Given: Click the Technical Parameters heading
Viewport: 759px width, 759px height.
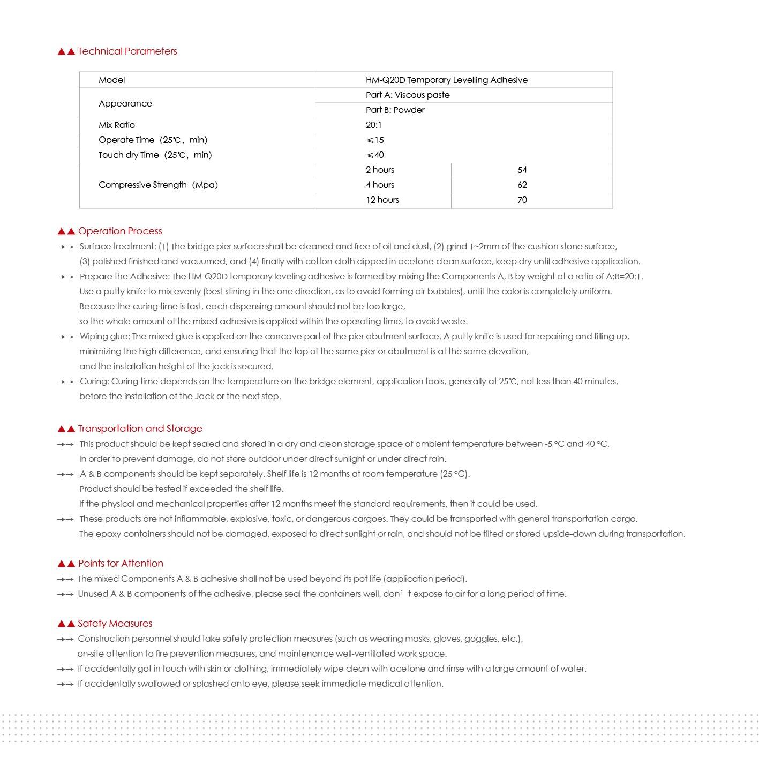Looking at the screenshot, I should (127, 51).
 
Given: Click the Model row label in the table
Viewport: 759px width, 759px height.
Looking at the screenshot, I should (111, 80).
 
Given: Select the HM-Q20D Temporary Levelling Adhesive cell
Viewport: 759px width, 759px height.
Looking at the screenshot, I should (446, 80).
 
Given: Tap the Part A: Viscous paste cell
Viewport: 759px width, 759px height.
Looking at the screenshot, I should (408, 95).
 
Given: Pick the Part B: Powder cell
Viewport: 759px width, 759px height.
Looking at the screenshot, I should (395, 110).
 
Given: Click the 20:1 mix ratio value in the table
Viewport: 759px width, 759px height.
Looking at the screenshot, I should (374, 125).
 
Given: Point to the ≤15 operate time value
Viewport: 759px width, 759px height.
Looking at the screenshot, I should (375, 140).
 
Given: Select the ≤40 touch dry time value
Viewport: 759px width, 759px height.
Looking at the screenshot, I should (375, 155).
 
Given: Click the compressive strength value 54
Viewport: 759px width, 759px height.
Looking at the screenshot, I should (522, 170).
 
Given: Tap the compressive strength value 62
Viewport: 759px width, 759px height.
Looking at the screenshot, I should (522, 185).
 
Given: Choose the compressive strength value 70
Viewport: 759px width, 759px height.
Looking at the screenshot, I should (522, 200).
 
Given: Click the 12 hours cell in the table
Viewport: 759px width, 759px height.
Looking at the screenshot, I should (382, 200).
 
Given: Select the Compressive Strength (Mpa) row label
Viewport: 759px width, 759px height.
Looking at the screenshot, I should (158, 185).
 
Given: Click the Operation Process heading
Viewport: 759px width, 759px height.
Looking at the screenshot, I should (119, 231).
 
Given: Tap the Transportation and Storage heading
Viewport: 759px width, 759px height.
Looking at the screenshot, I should (140, 429).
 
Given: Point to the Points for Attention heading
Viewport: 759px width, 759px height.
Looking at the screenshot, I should (121, 564).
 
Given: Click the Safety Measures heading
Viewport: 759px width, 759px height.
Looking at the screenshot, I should (115, 624).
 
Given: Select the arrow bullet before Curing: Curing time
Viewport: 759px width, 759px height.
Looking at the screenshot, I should (65, 382).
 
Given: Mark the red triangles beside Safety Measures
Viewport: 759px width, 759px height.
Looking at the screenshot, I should (66, 624).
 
